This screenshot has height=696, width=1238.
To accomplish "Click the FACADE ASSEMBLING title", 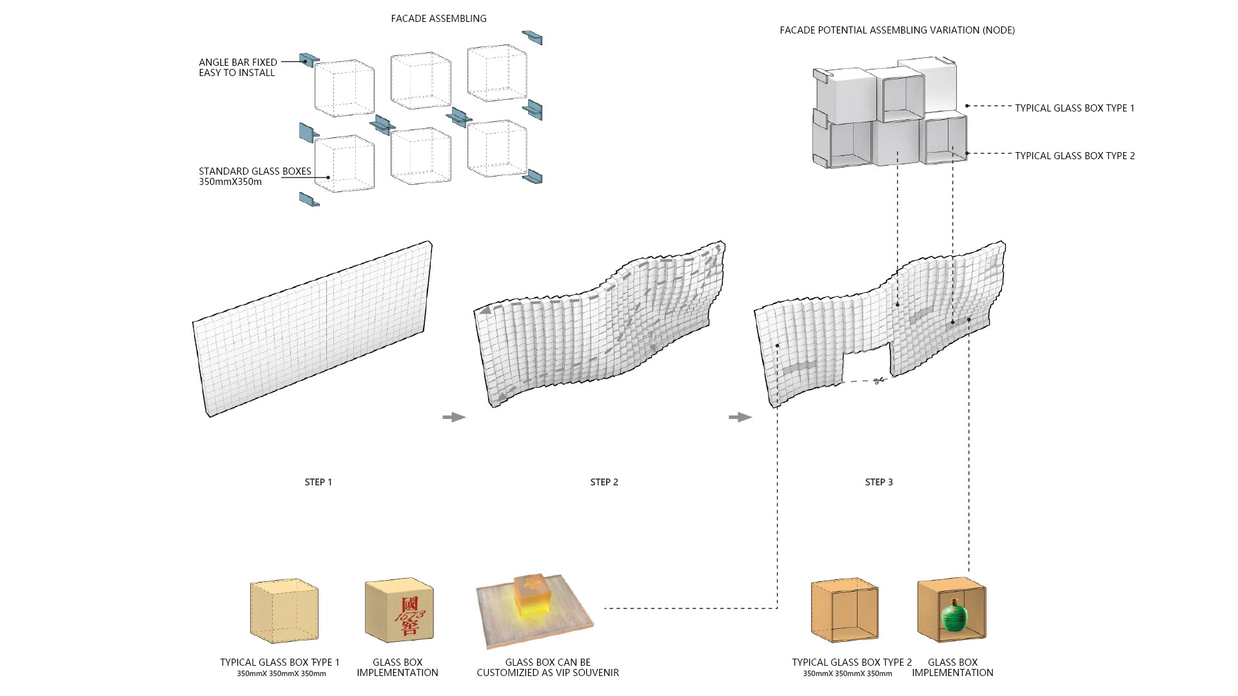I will point(438,19).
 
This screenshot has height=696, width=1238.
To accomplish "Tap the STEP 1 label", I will point(318,482).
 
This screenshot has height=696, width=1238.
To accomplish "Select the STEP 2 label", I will point(604,482).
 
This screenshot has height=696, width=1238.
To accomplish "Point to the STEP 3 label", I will point(879,482).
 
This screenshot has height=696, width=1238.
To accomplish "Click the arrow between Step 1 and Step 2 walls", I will point(454,417).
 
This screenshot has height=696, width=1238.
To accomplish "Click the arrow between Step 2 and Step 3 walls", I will point(740,417).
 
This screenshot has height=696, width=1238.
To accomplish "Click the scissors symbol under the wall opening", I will point(878,381).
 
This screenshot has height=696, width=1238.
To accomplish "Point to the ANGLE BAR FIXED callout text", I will point(237,67).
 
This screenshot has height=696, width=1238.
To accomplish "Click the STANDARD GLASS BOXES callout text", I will point(255,176).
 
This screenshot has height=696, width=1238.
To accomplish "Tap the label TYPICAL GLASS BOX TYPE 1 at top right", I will point(1074,108).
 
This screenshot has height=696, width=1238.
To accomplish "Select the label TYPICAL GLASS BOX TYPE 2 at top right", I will point(1075,156).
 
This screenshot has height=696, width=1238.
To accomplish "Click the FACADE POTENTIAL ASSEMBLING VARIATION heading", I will point(897,30).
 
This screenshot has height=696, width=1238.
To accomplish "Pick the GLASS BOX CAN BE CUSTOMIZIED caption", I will point(547,667).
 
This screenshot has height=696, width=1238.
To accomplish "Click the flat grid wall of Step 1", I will point(313,329).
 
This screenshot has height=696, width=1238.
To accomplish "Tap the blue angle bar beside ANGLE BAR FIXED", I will point(309,60).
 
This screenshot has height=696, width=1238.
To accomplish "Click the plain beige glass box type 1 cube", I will point(284,611).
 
